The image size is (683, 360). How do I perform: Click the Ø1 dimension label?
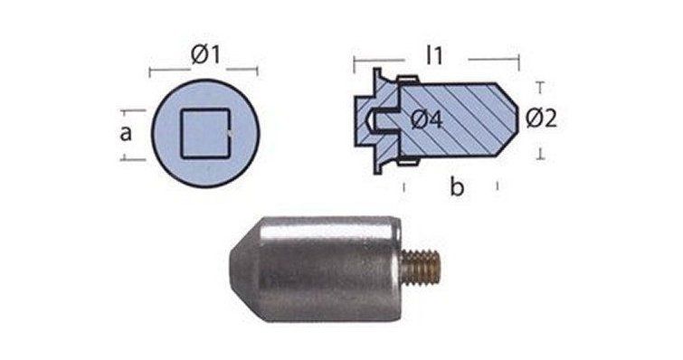click(x=205, y=55)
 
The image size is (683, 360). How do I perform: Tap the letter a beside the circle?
click(x=126, y=133)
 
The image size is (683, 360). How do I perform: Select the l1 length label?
click(x=434, y=56)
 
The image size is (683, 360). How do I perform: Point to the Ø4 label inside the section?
click(x=427, y=119)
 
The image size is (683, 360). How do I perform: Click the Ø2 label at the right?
click(x=541, y=118)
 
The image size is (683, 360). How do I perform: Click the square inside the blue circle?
click(x=205, y=132)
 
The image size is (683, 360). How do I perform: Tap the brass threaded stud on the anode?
click(x=422, y=266)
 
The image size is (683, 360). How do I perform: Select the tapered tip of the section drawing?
click(x=508, y=119)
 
